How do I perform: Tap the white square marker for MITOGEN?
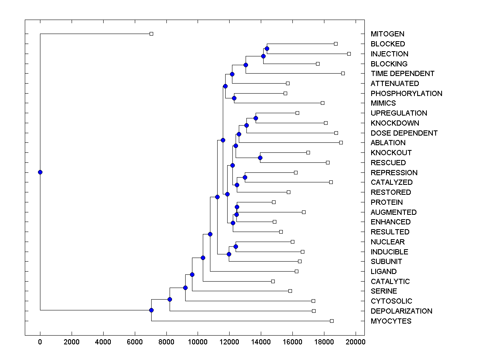click(x=151, y=34)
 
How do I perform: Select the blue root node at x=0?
click(x=40, y=172)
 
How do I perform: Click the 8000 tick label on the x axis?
click(x=166, y=342)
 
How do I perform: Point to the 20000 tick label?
click(x=356, y=342)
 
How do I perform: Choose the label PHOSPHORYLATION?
click(x=406, y=93)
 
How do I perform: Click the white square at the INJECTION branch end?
click(x=349, y=54)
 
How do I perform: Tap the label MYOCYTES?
click(x=391, y=321)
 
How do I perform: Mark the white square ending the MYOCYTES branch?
click(x=332, y=321)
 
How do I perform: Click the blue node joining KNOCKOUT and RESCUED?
click(x=260, y=158)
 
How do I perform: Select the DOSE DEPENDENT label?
click(x=404, y=133)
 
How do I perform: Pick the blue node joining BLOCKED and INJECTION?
click(x=267, y=48)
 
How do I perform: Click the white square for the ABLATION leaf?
click(x=341, y=142)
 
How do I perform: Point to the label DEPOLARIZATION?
click(x=401, y=311)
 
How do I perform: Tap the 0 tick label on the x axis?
click(x=40, y=342)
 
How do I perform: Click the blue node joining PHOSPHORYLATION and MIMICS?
click(x=234, y=98)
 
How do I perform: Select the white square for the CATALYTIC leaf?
click(x=273, y=281)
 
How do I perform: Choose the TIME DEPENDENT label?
click(x=402, y=74)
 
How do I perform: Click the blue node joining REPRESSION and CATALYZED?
click(x=245, y=177)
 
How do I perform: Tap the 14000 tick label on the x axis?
click(x=261, y=342)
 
